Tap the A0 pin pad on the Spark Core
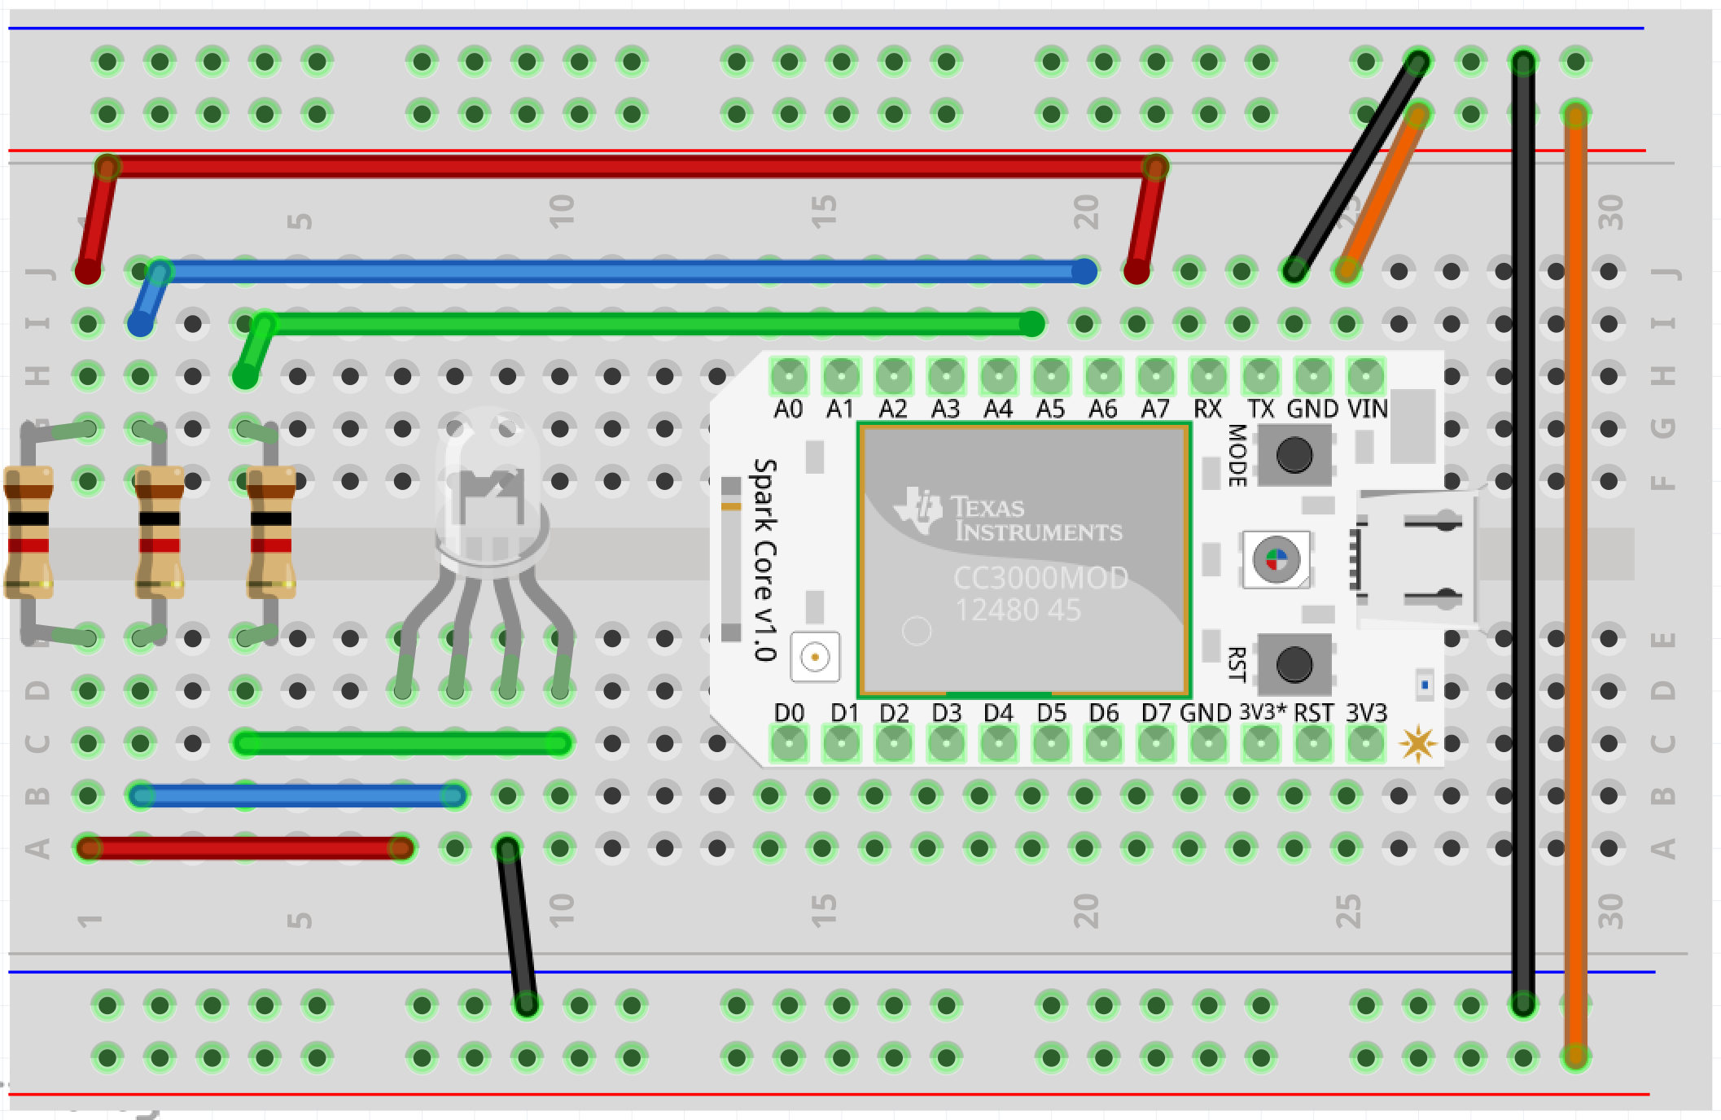tap(789, 377)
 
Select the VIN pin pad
tap(1365, 377)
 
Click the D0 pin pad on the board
tap(789, 743)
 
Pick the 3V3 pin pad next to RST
tap(1365, 743)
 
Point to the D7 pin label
tap(1156, 713)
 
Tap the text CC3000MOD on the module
tap(1040, 578)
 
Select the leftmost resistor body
tap(28, 532)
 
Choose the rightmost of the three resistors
tap(271, 532)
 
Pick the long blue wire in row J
tap(619, 271)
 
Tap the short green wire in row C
tap(403, 743)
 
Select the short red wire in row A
tap(244, 849)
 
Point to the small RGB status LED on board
tap(1276, 559)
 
